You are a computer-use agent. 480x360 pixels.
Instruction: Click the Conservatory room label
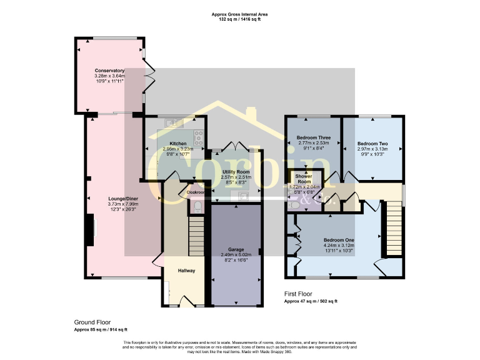coord(109,71)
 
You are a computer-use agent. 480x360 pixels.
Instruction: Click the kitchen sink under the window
coord(172,123)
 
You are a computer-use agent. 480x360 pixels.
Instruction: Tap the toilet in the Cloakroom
coord(197,206)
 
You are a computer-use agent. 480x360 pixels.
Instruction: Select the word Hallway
coord(186,271)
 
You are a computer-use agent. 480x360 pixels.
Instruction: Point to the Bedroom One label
coord(339,240)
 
